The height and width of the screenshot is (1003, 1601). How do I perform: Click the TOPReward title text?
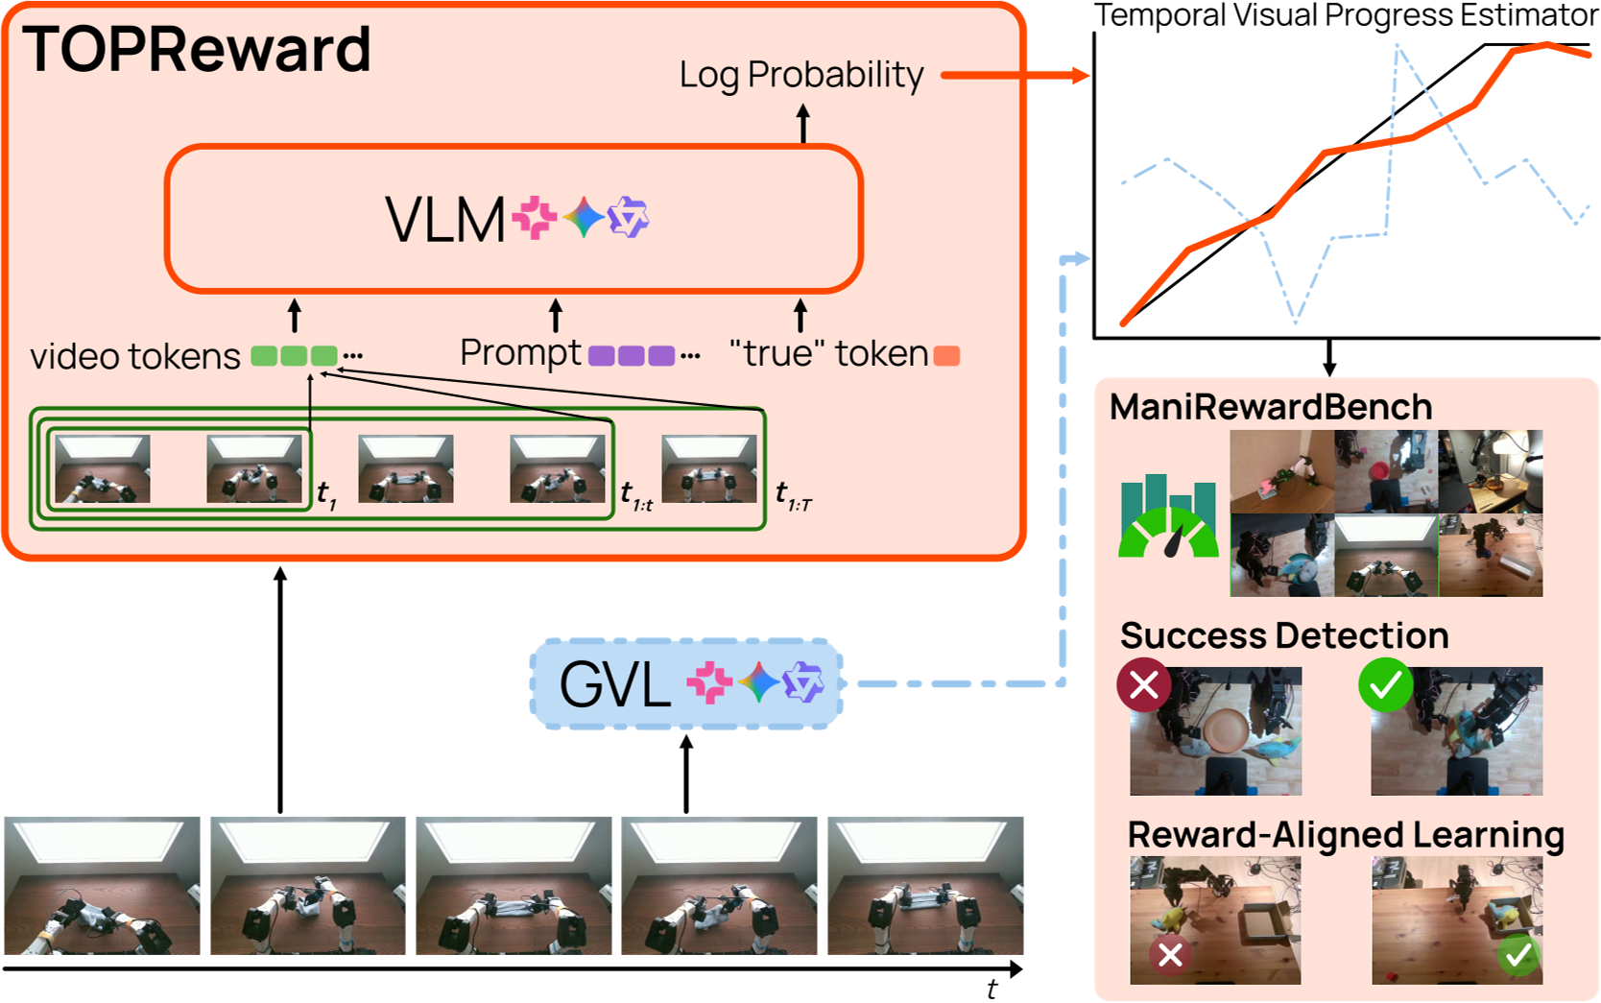click(x=197, y=50)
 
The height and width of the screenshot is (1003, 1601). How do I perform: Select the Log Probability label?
click(x=801, y=75)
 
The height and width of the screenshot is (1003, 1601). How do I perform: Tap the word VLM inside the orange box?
click(x=444, y=221)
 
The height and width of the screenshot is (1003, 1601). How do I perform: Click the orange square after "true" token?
click(x=946, y=356)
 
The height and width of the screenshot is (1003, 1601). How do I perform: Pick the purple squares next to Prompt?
click(x=631, y=356)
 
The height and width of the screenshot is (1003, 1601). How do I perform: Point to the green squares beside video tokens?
click(x=294, y=356)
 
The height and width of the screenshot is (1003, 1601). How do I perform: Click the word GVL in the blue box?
click(x=614, y=685)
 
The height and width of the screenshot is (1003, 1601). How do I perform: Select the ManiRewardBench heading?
click(x=1270, y=407)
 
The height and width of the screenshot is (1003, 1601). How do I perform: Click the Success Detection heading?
click(x=1283, y=635)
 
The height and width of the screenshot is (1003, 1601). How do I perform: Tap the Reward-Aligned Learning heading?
click(x=1345, y=835)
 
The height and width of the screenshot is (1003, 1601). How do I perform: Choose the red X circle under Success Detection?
click(x=1143, y=685)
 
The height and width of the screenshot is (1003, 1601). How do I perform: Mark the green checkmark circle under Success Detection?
click(x=1385, y=685)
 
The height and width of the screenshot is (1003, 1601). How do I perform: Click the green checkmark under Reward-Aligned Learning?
click(x=1517, y=954)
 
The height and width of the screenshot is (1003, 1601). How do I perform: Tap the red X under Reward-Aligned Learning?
click(x=1169, y=954)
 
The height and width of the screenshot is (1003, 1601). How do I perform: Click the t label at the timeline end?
click(x=992, y=989)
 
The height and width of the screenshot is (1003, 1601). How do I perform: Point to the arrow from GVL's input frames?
click(x=686, y=774)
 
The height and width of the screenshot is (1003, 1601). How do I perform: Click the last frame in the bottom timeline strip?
click(x=925, y=885)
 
